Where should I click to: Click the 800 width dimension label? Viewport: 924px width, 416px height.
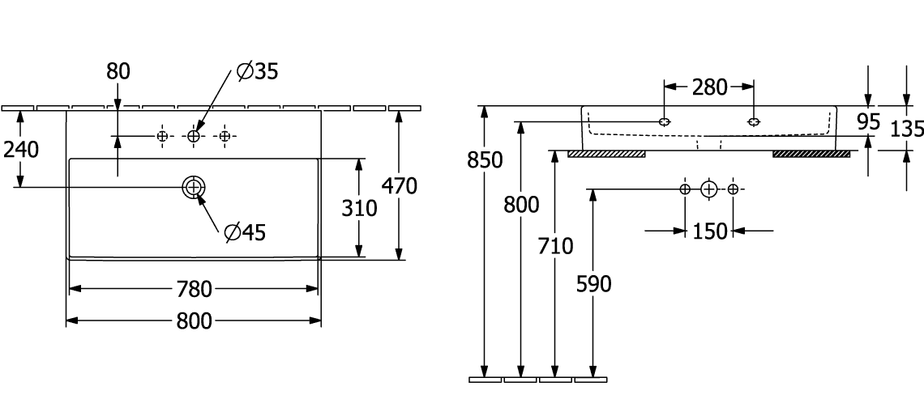[x=194, y=321]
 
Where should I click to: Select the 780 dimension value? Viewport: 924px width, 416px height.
[x=194, y=288]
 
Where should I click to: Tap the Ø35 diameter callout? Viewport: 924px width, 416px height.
[x=258, y=71]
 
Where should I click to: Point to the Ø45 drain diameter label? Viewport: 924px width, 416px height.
[x=245, y=234]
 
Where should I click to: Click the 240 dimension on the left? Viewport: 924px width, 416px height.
[x=21, y=151]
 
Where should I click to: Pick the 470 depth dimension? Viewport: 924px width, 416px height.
[x=400, y=186]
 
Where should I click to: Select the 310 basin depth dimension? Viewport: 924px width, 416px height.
[x=357, y=208]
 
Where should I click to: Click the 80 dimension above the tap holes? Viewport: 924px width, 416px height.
[x=118, y=71]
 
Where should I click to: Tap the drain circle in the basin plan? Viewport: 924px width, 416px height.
[x=195, y=187]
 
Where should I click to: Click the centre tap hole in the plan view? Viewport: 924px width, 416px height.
[x=194, y=136]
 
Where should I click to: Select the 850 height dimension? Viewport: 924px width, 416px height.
[x=486, y=160]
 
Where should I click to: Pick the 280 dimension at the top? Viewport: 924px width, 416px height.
[x=709, y=87]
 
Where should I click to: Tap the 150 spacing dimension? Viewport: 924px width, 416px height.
[x=709, y=231]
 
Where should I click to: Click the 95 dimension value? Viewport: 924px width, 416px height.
[x=869, y=123]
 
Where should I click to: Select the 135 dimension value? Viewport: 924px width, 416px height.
[x=907, y=128]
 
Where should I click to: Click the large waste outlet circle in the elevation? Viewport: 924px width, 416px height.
[x=709, y=189]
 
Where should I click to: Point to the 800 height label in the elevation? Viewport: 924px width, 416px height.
[x=520, y=205]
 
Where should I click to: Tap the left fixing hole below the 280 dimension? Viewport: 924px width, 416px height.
[x=665, y=122]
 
